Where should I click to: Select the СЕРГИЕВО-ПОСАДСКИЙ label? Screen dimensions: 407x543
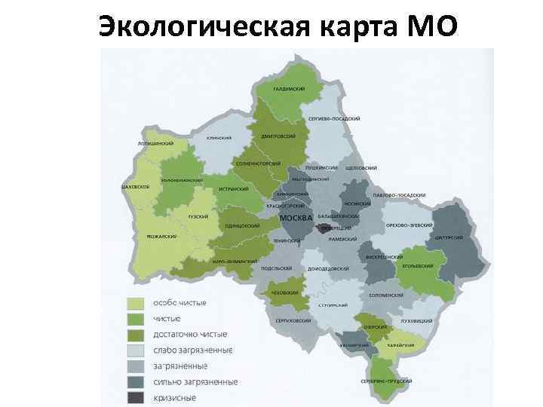334,119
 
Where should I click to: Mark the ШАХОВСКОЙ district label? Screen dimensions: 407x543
135,186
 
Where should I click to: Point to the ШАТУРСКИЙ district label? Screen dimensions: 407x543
449,237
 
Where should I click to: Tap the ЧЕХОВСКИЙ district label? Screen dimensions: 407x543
284,292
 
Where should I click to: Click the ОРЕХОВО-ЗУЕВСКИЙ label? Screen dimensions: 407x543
409,225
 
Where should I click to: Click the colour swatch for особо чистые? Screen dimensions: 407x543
135,304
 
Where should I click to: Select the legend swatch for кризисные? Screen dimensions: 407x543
135,398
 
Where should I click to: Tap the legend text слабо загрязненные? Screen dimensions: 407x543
192,350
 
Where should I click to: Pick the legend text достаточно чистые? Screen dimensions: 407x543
190,335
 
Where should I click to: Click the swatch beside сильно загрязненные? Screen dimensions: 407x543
135,382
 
